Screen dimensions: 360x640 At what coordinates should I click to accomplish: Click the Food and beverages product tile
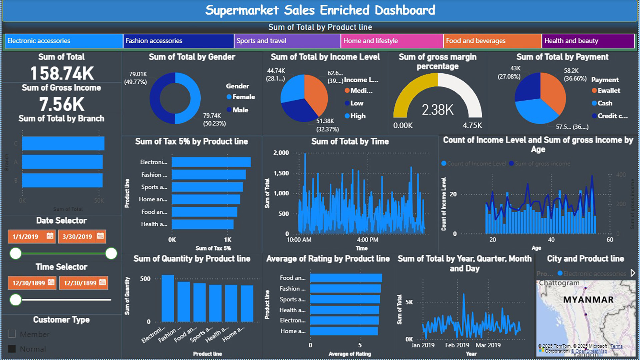(x=492, y=41)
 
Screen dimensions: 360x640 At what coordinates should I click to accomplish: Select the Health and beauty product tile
(x=588, y=41)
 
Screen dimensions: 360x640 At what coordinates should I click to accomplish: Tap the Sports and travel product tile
(x=287, y=41)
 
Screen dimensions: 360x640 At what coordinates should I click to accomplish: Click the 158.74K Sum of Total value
(x=62, y=73)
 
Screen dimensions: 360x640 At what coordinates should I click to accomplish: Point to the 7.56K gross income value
(x=62, y=104)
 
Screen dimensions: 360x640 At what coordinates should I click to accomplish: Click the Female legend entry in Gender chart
(x=243, y=97)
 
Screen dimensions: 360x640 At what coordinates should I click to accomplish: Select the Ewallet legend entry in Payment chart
(x=608, y=91)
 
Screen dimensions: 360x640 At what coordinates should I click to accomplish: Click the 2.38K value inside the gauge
(x=437, y=110)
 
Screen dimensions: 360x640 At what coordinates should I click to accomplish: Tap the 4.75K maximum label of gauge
(x=472, y=126)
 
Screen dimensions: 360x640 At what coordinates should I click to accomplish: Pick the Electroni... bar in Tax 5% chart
(x=211, y=162)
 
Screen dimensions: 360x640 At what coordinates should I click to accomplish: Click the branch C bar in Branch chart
(x=63, y=143)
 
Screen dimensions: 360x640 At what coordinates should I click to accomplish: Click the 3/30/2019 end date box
(x=77, y=237)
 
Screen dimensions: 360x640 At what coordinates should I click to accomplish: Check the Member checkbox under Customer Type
(x=12, y=334)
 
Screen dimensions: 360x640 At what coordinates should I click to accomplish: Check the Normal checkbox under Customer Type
(x=12, y=349)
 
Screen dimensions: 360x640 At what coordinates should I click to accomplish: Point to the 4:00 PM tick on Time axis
(x=367, y=240)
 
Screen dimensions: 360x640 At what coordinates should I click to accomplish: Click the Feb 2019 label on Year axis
(x=457, y=345)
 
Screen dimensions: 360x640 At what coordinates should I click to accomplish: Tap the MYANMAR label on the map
(x=588, y=300)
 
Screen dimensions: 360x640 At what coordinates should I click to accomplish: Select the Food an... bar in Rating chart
(x=346, y=278)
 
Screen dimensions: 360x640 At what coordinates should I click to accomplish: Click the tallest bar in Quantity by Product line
(x=168, y=298)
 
